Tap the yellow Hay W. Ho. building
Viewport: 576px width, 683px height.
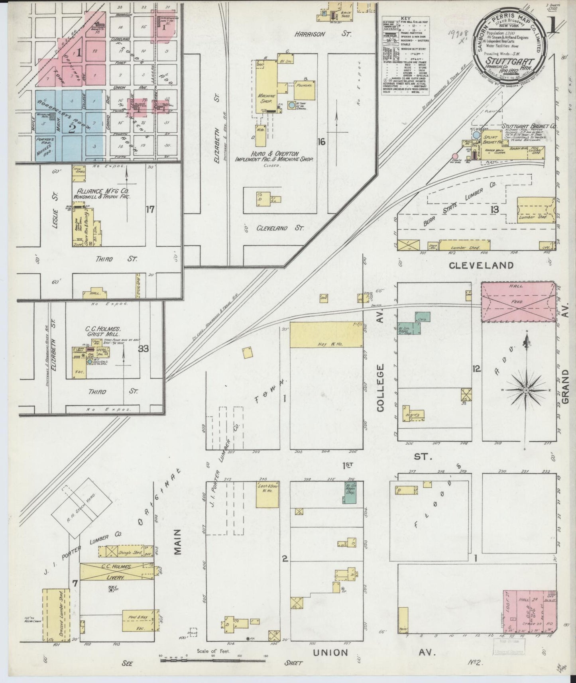coord(326,335)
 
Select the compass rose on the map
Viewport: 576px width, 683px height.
coord(526,388)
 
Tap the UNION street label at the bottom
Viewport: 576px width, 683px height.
coord(330,652)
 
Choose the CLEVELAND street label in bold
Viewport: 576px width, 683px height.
coord(481,265)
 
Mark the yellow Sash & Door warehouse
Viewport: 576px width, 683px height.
coord(267,494)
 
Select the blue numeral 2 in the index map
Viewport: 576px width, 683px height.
coord(72,128)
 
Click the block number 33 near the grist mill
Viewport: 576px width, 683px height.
coord(144,349)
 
